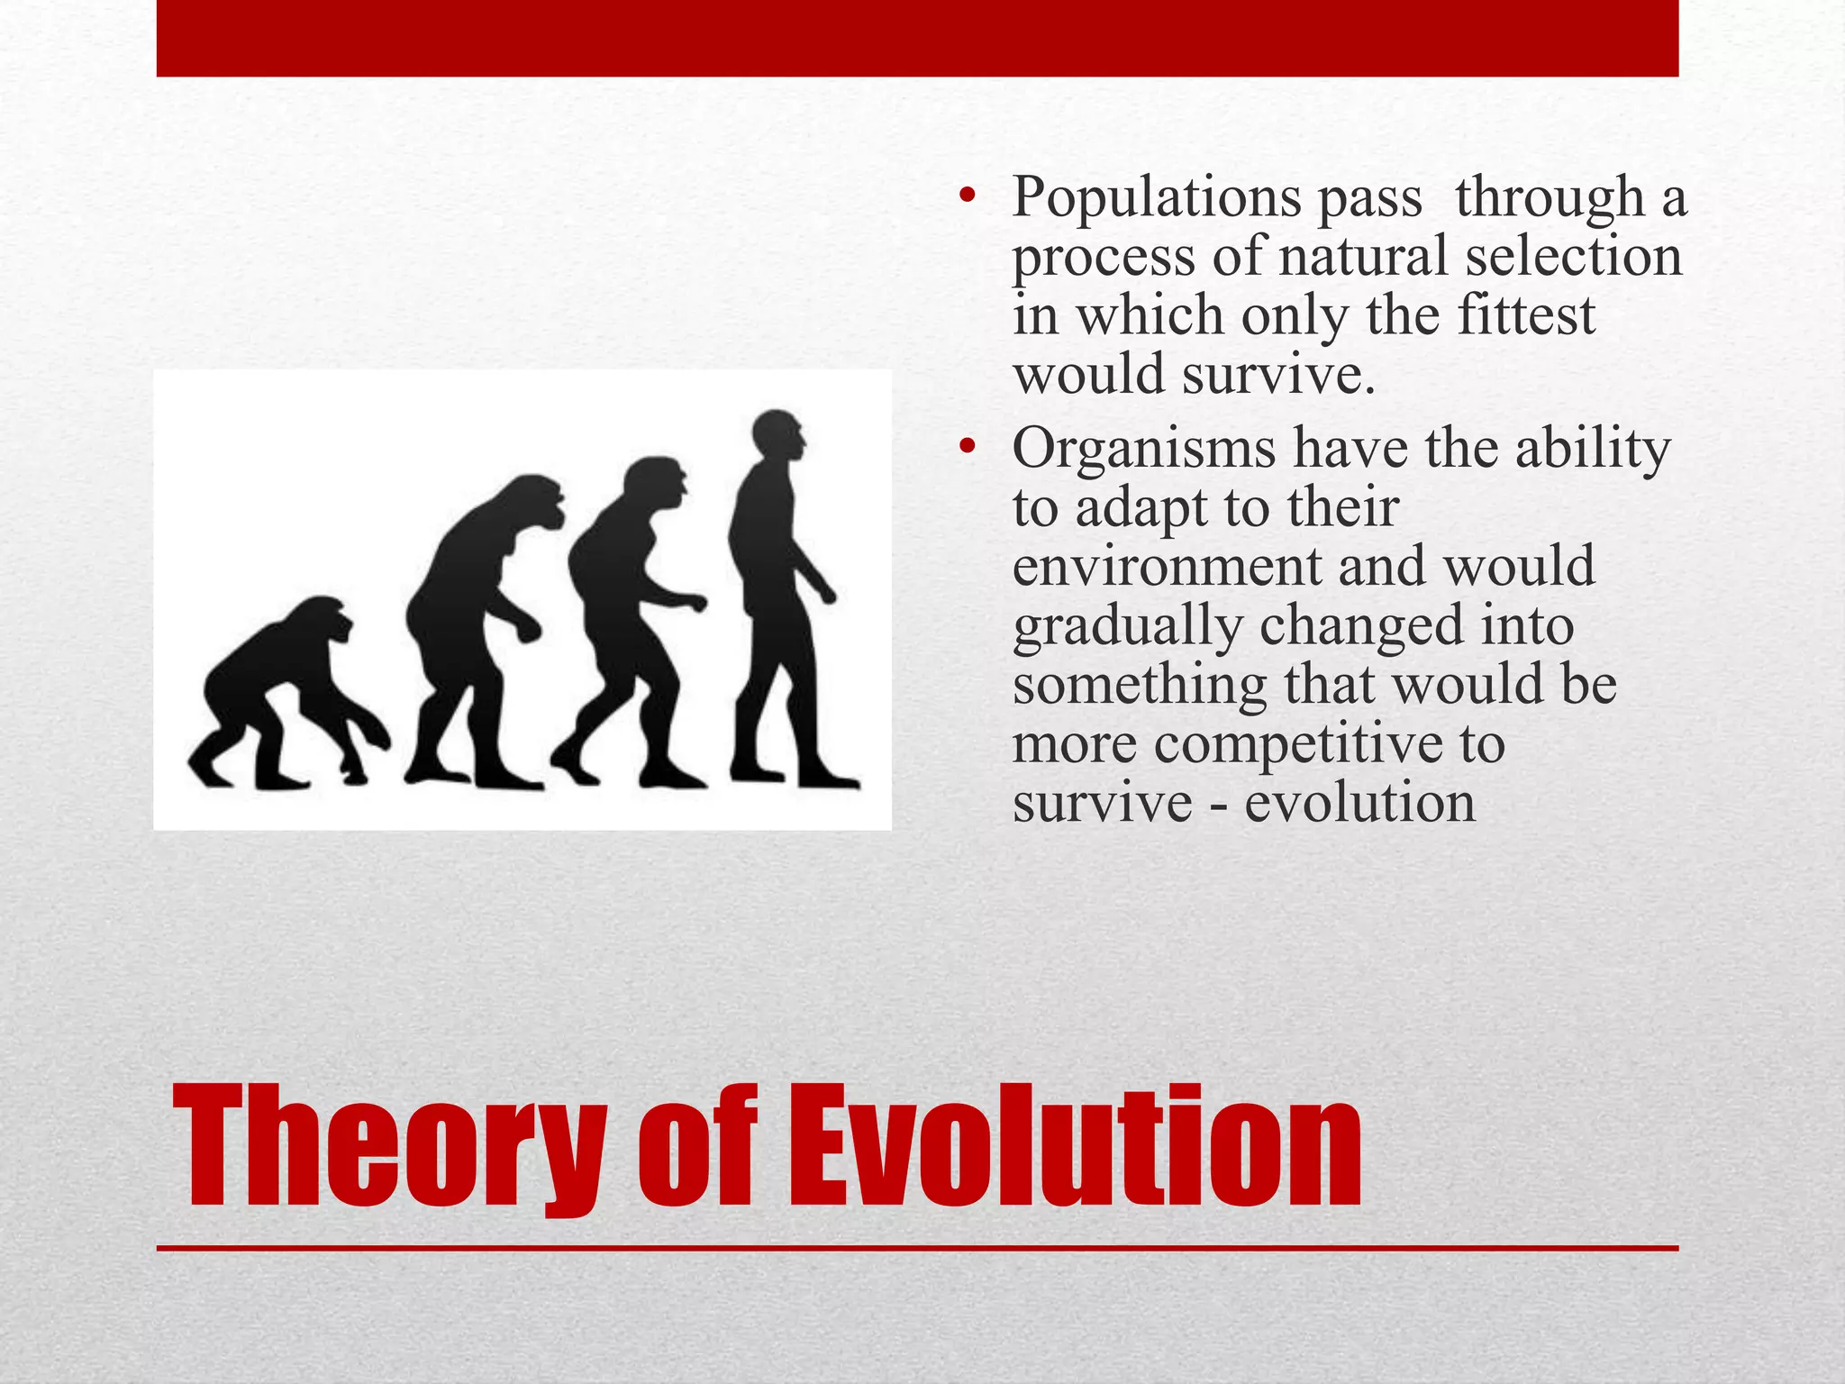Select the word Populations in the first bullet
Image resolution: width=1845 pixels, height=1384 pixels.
pos(1155,197)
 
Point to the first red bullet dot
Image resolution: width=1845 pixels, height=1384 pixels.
pos(968,197)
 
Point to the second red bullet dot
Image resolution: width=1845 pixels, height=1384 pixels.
pos(968,448)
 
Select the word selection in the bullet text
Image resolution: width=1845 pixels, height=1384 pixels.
pos(1573,257)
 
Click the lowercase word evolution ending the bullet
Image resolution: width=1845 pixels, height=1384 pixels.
pos(1359,803)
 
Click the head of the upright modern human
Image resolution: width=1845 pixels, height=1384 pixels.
pos(778,436)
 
